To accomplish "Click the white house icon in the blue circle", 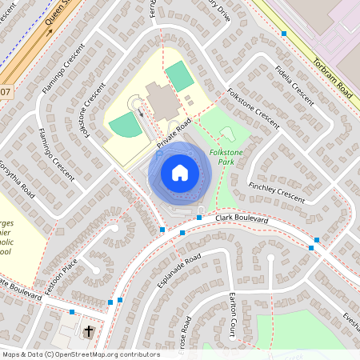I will pos(179,172).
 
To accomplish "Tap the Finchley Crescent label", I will pos(277,193).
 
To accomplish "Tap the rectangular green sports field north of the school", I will pos(179,76).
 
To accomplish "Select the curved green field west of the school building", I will pos(125,126).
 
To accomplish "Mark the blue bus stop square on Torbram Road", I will pos(284,34).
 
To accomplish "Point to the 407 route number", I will pos(6,92).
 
